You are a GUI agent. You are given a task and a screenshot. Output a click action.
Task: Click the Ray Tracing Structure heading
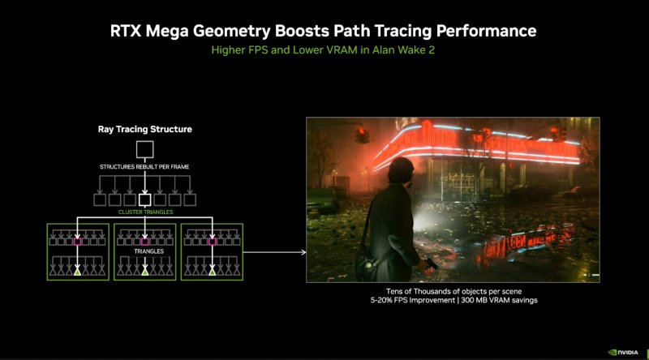144,129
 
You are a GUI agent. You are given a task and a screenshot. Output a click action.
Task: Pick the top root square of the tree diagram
144,149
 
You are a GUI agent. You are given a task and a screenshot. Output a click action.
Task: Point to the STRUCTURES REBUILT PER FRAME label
144,167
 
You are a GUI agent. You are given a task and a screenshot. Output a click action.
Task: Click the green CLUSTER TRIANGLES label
144,212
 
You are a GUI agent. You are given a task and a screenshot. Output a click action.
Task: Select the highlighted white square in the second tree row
144,199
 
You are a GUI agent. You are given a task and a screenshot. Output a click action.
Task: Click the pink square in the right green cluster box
212,241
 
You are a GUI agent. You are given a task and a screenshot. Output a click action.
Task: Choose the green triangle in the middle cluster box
144,272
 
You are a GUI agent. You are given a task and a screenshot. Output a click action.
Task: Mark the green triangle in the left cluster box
78,272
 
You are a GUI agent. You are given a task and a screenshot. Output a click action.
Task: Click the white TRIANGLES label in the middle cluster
144,252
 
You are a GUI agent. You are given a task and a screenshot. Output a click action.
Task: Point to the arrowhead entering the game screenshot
303,252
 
